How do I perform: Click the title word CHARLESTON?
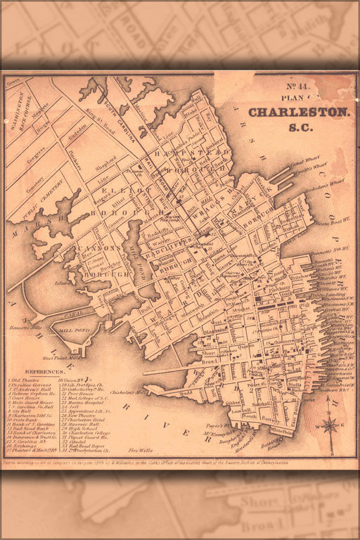click(x=299, y=112)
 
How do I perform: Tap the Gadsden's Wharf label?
click(x=328, y=184)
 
